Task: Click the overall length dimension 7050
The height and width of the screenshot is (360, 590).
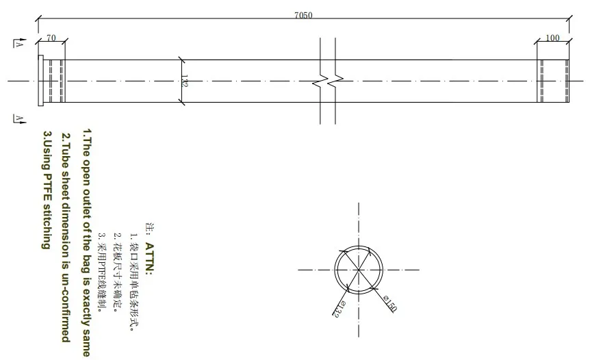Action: pyautogui.click(x=303, y=16)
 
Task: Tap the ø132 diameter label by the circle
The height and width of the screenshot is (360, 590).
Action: pyautogui.click(x=337, y=310)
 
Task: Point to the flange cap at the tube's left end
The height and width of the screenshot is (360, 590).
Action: pyautogui.click(x=41, y=81)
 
